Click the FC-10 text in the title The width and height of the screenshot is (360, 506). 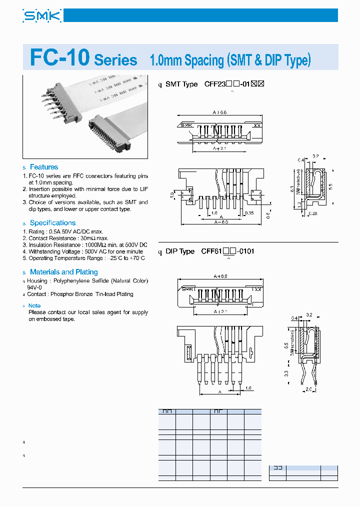(x=59, y=58)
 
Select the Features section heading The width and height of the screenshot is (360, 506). (x=43, y=167)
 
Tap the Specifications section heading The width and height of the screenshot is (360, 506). (x=52, y=222)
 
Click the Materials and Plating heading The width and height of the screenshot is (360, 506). (x=63, y=272)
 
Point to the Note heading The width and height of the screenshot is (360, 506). (x=34, y=305)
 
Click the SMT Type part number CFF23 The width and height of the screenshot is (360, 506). (x=213, y=84)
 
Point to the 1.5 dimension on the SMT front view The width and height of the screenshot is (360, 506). (x=171, y=194)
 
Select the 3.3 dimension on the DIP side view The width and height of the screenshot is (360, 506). (x=286, y=373)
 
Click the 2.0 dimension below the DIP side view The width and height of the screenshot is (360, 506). (x=309, y=388)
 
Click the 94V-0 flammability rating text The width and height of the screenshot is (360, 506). (x=35, y=287)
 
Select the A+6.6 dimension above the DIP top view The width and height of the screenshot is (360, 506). (x=220, y=276)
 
